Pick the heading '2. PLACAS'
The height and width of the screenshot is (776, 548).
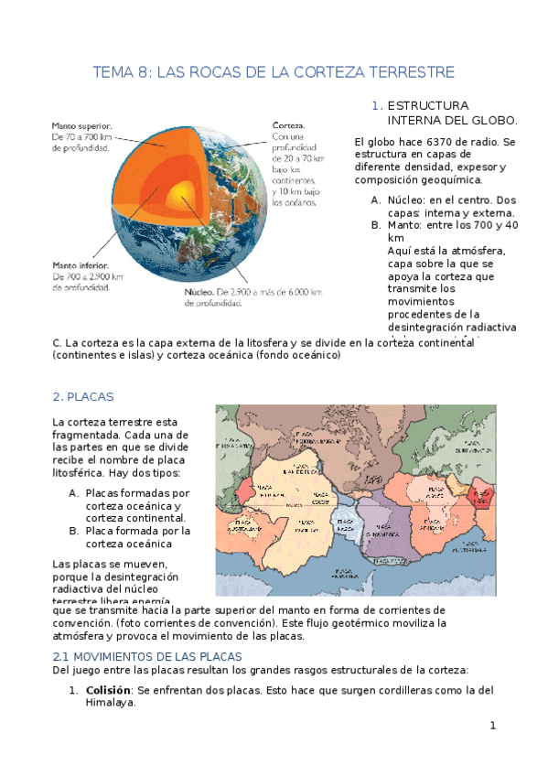click(82, 396)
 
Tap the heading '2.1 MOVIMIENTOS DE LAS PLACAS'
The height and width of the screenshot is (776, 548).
click(147, 657)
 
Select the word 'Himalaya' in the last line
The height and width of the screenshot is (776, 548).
click(111, 703)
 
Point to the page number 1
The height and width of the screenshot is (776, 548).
click(492, 726)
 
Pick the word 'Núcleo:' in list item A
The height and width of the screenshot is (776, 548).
click(408, 199)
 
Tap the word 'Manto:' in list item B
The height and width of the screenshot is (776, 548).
click(406, 225)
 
